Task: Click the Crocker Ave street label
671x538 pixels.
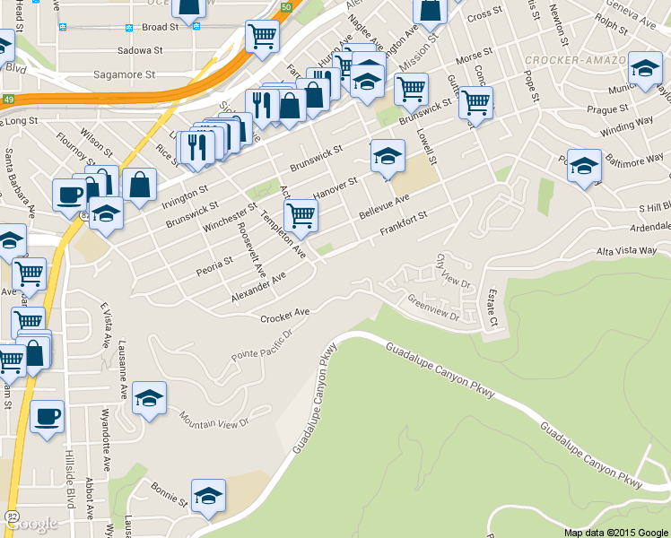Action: (284, 315)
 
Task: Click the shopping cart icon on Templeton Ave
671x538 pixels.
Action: (301, 214)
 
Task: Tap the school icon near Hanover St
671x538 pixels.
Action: (388, 156)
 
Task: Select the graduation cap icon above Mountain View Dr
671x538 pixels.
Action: (149, 397)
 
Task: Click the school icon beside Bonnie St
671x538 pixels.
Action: (208, 495)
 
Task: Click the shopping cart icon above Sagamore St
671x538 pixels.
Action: (262, 36)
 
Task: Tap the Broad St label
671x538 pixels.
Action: (161, 28)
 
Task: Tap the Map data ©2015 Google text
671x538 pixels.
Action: (616, 532)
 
